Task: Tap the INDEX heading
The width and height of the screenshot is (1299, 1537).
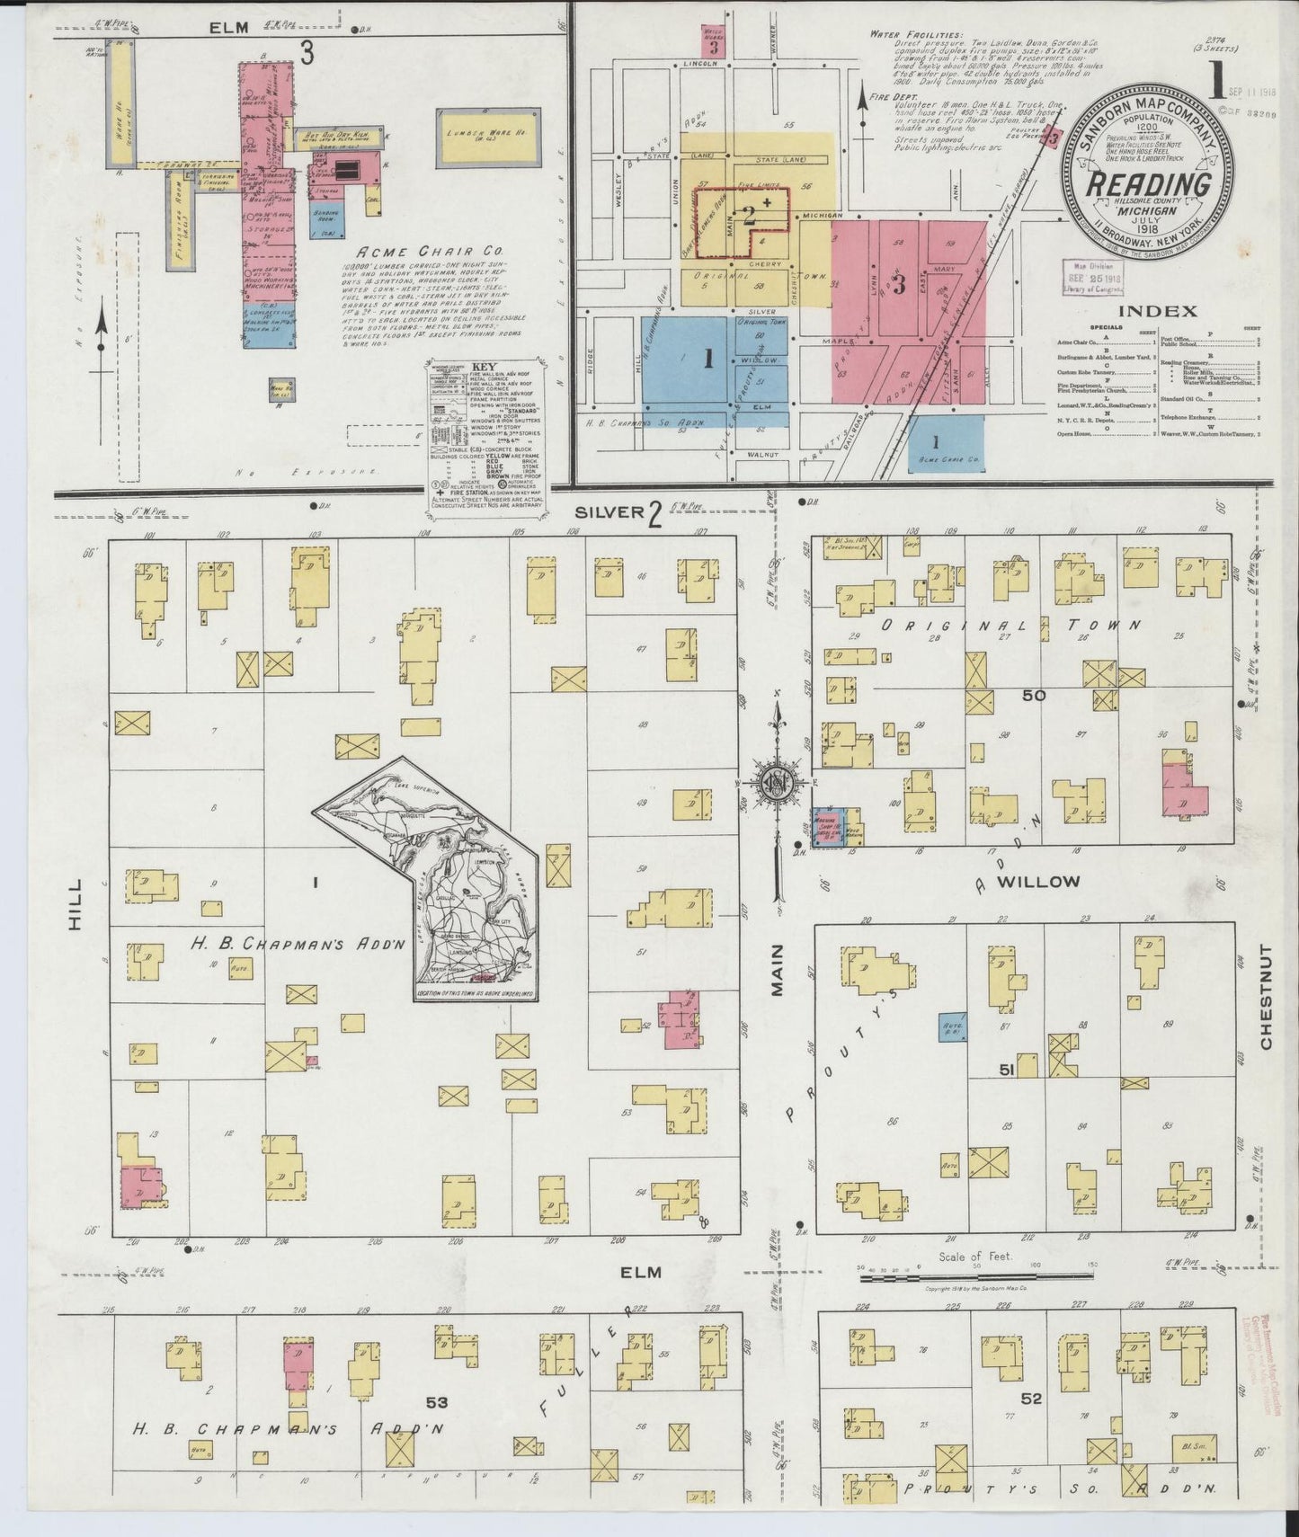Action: [x=1157, y=311]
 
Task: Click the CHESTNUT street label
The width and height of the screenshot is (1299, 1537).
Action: [x=1267, y=997]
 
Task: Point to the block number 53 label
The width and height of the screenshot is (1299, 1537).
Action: [x=437, y=1401]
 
